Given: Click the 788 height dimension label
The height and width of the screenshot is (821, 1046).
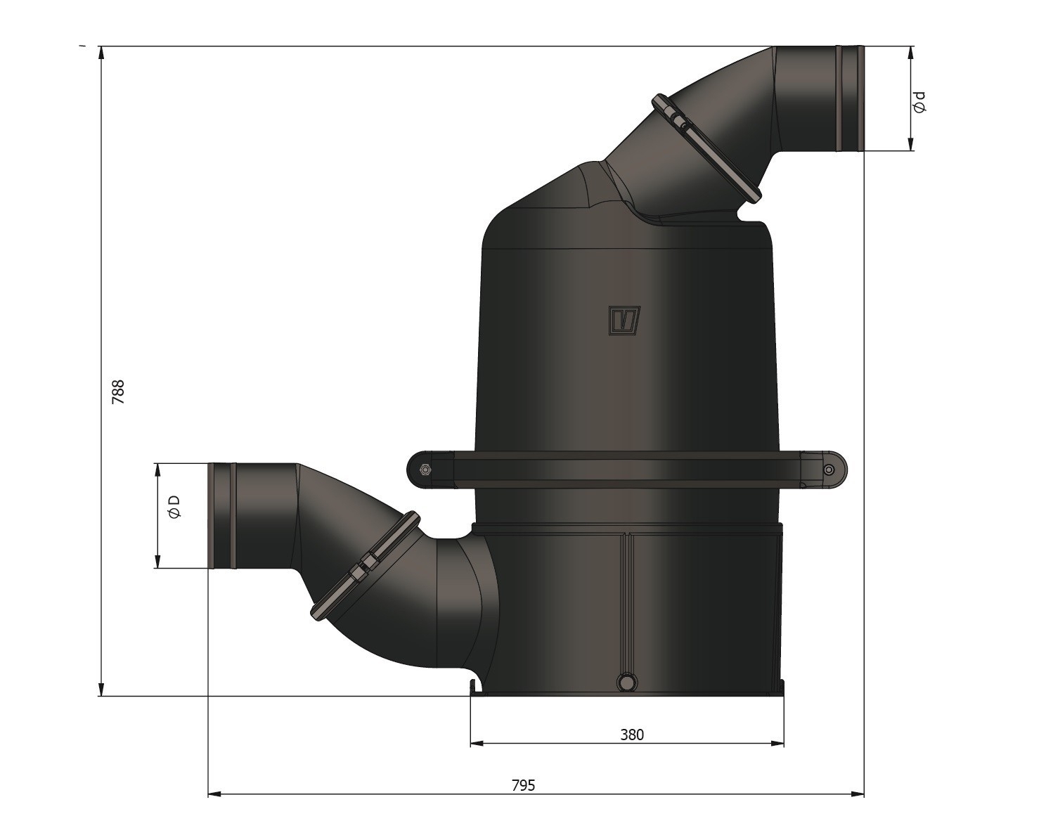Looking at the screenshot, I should point(118,392).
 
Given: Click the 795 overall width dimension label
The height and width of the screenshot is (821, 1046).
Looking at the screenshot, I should point(523,785).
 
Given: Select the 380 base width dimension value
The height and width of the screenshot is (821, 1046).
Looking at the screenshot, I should point(631,735).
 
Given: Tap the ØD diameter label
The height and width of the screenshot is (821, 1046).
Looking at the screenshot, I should point(174,506).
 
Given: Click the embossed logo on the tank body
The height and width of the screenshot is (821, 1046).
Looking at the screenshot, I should point(624,321).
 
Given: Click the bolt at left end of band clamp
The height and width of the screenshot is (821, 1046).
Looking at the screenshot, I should point(425,470).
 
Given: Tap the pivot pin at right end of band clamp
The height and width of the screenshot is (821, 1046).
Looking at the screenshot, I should point(829,470).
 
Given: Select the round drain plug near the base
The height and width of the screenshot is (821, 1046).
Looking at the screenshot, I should point(626,681).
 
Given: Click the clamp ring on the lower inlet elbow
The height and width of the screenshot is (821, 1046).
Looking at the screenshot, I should point(365,566).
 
